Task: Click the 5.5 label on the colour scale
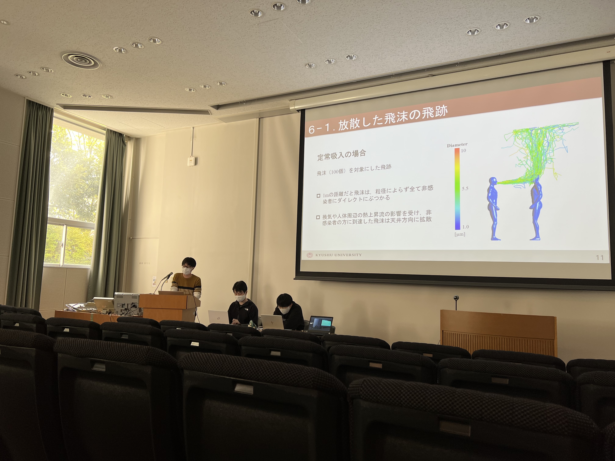click(465, 188)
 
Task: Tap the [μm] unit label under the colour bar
click(460, 234)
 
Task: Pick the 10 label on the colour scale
click(464, 151)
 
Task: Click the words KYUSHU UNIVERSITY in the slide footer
click(338, 255)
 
